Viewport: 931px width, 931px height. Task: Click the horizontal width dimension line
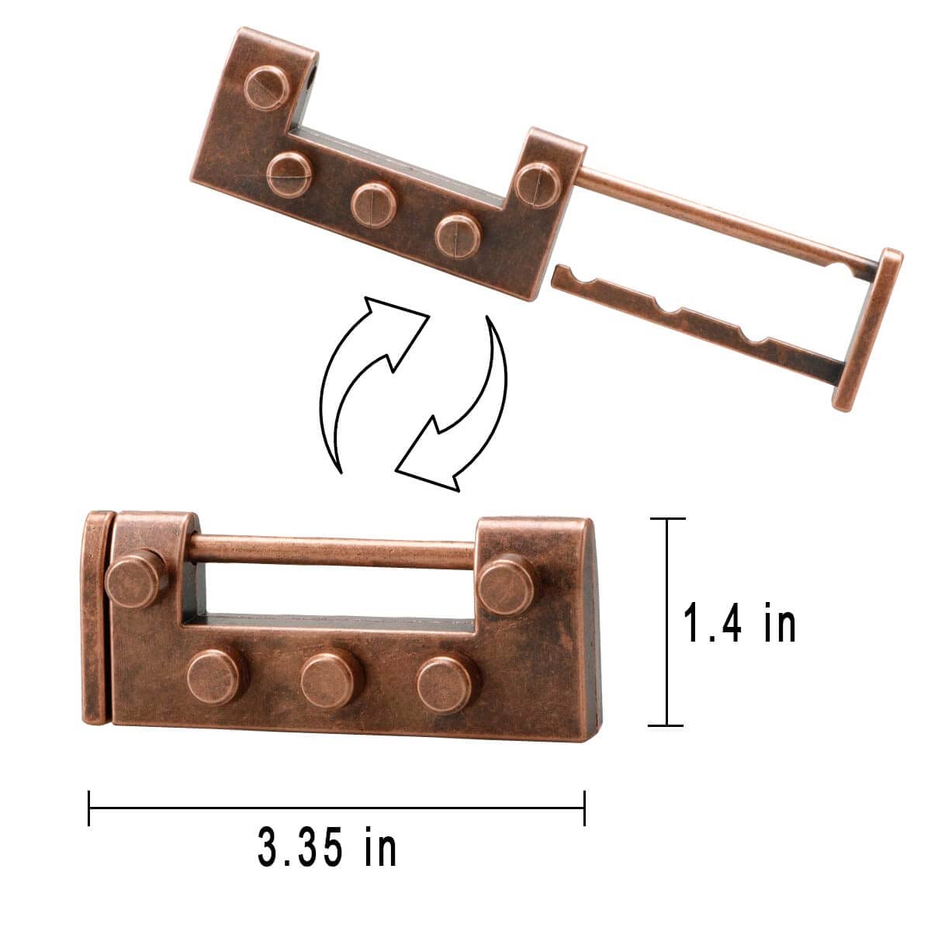[337, 808]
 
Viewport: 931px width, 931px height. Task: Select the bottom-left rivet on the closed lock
[216, 677]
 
